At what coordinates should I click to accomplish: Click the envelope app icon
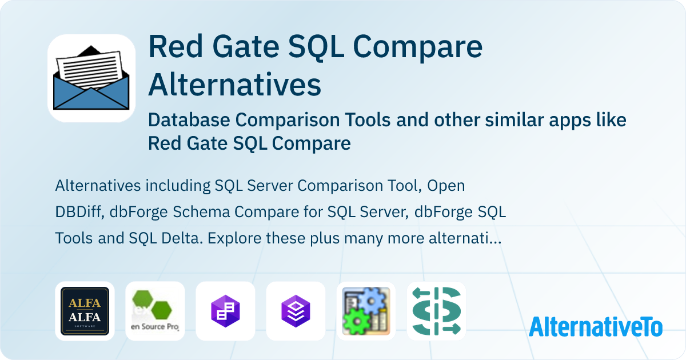pyautogui.click(x=91, y=79)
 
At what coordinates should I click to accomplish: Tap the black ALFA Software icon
pyautogui.click(x=85, y=311)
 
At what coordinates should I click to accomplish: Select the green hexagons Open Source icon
pyautogui.click(x=155, y=311)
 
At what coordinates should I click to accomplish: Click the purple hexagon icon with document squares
pyautogui.click(x=225, y=311)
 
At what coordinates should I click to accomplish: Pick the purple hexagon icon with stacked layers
pyautogui.click(x=296, y=311)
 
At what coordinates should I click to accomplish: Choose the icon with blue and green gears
pyautogui.click(x=366, y=311)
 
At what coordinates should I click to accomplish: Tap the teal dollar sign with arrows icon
pyautogui.click(x=436, y=311)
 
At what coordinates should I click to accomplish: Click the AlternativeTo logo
pyautogui.click(x=595, y=326)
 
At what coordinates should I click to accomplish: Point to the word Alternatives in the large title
pyautogui.click(x=234, y=85)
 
